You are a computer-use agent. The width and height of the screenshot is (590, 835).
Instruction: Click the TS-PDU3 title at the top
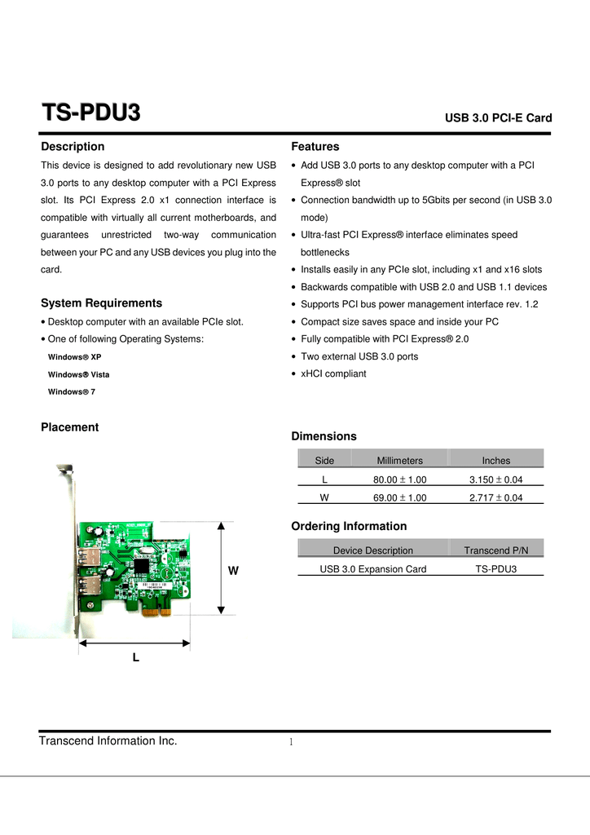click(90, 113)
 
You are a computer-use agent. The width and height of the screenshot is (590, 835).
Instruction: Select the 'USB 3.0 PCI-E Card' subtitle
click(498, 118)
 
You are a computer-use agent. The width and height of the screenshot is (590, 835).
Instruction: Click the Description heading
click(73, 147)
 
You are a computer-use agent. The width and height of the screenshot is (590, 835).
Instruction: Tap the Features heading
click(315, 147)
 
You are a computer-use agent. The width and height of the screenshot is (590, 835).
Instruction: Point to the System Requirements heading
click(101, 303)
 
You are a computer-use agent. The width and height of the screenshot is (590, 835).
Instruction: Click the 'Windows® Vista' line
click(78, 374)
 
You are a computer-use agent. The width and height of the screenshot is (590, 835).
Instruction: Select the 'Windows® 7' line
click(72, 392)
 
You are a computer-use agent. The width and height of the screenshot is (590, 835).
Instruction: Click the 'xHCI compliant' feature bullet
click(333, 373)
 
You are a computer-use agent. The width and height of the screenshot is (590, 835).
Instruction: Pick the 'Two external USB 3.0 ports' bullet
click(359, 356)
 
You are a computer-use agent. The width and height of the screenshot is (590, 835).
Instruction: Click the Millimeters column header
click(399, 461)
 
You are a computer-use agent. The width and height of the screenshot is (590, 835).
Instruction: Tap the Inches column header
click(495, 461)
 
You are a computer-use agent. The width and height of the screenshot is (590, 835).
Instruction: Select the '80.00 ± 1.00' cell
click(399, 479)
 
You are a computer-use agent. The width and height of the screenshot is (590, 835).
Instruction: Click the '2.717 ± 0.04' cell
click(495, 497)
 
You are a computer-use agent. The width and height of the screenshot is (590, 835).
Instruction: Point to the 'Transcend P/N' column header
click(495, 550)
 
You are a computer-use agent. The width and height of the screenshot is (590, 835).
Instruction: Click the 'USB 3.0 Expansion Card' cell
click(372, 568)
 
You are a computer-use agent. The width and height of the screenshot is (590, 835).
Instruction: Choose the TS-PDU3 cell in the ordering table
click(495, 568)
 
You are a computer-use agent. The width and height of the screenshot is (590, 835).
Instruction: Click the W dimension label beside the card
click(233, 572)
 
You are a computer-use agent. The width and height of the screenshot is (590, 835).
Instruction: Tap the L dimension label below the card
click(135, 656)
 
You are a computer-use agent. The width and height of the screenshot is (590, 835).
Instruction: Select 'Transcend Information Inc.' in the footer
click(108, 740)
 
